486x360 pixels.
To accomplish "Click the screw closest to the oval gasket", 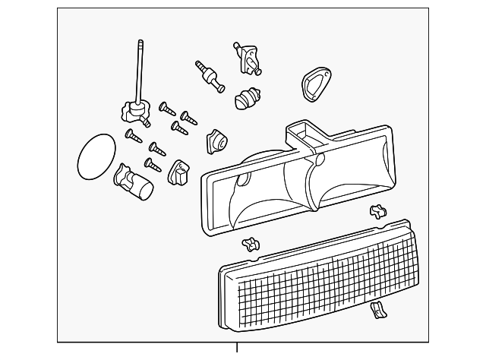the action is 134,136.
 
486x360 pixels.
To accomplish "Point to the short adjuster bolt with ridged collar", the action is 210,77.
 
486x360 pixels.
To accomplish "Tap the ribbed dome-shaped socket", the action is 248,99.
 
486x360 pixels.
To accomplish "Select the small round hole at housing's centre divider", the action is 319,160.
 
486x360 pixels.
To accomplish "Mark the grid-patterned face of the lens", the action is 327,276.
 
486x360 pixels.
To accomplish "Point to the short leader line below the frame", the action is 238,349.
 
